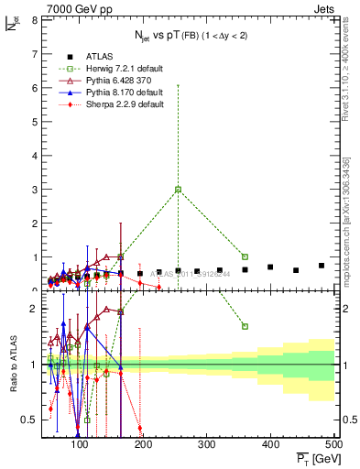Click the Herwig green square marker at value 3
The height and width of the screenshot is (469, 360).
178,190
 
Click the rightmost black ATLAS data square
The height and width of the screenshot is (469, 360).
322,266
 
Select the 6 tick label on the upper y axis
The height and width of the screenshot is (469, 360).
35,88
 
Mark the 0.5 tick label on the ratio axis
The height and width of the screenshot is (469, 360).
30,420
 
